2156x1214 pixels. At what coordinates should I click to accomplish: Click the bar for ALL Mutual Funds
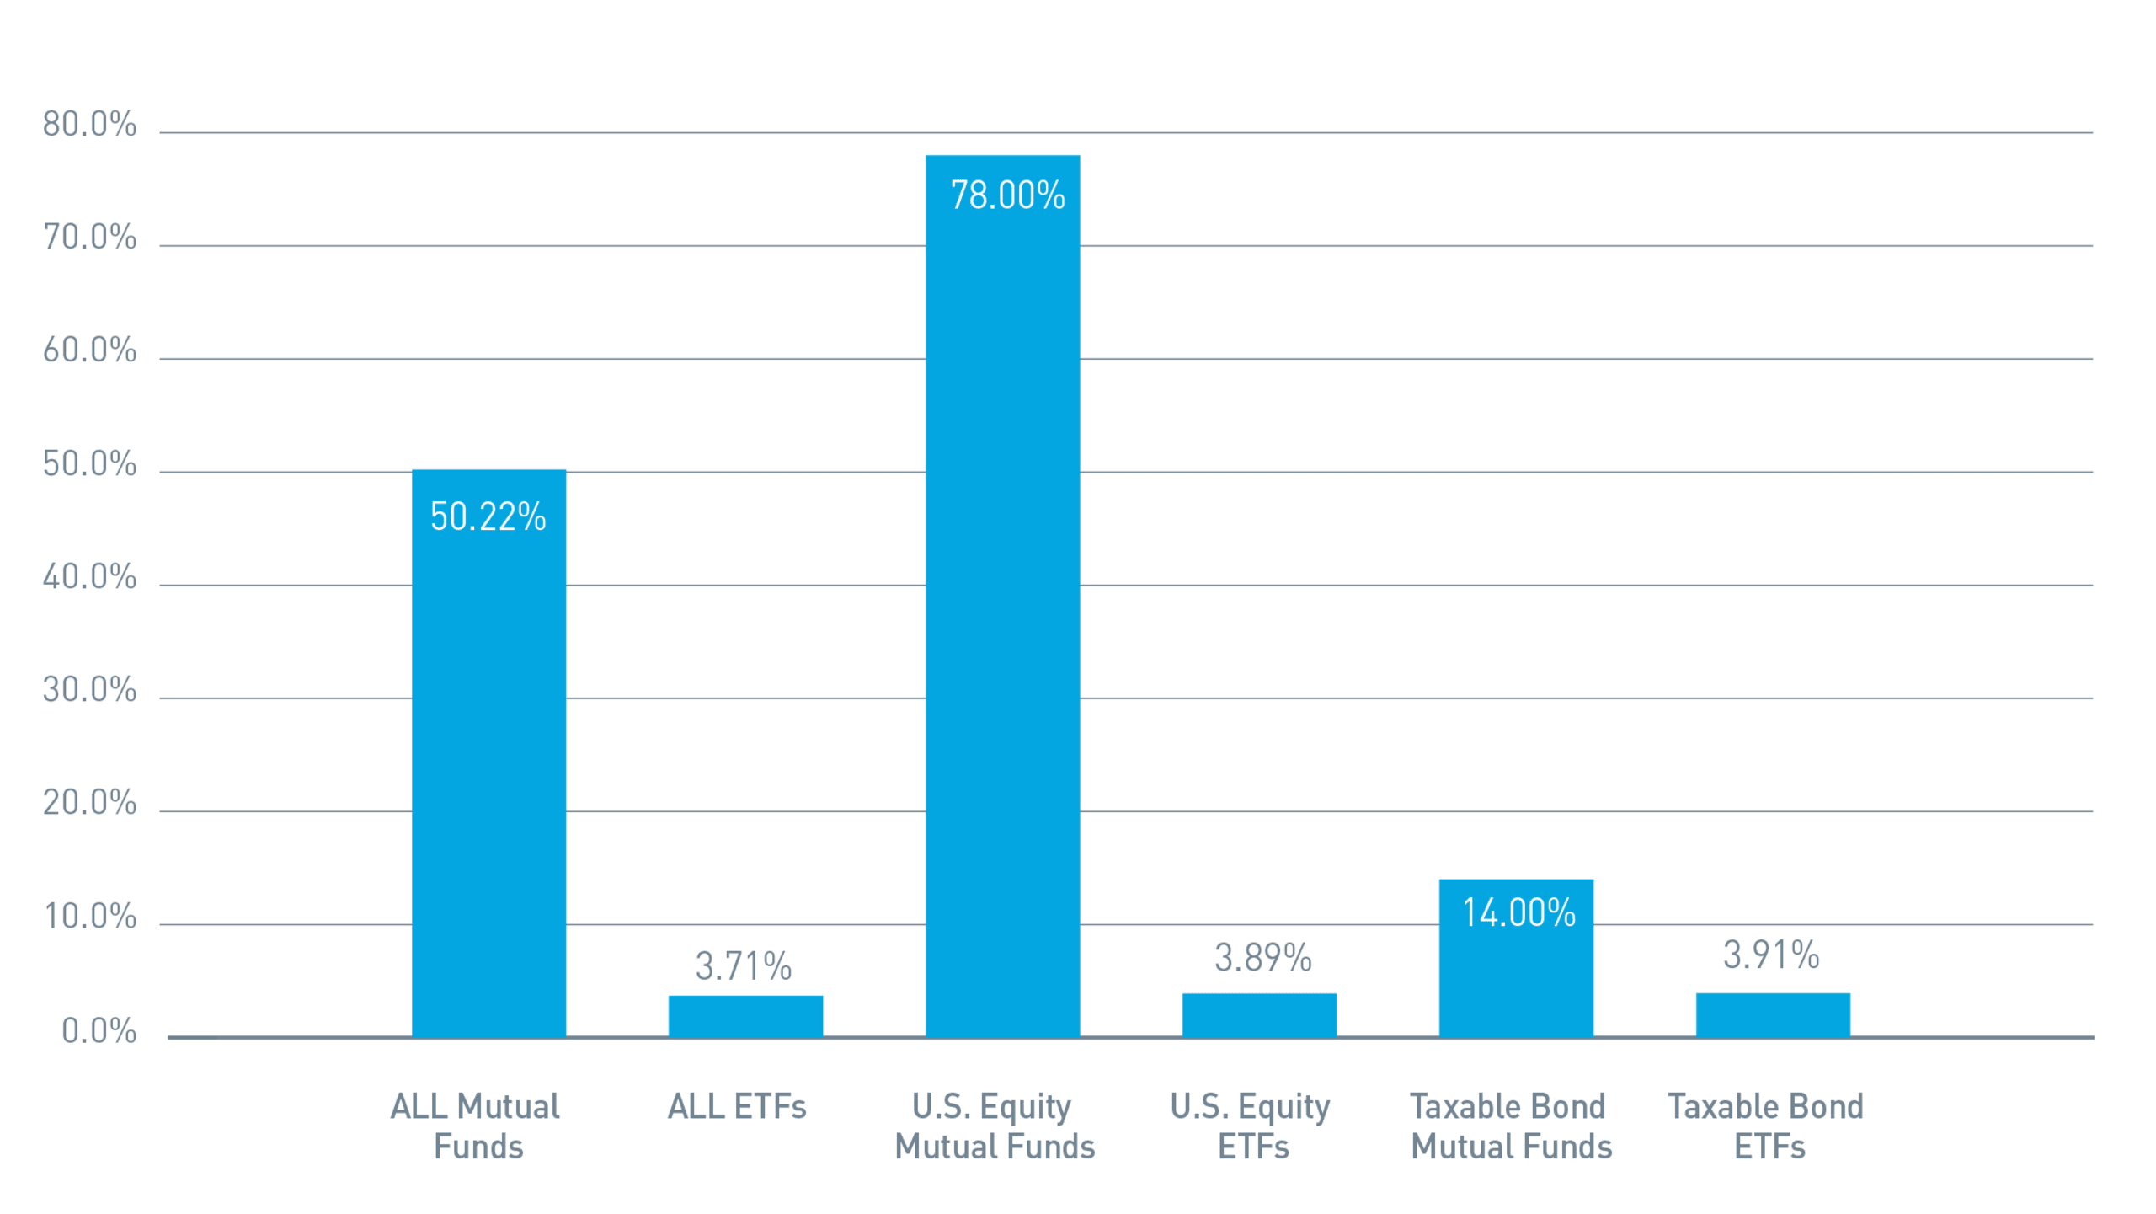pos(488,758)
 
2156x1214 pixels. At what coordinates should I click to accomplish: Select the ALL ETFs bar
pos(745,1016)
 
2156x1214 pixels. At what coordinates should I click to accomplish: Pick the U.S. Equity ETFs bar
pos(1259,1015)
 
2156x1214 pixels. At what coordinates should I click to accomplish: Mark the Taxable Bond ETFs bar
pos(1773,1015)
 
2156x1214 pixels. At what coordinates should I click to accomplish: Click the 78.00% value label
pos(1007,195)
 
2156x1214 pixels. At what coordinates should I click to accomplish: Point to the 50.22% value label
pos(488,516)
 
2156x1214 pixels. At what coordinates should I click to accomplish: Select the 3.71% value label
pos(744,966)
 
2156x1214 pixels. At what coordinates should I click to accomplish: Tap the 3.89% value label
pos(1262,958)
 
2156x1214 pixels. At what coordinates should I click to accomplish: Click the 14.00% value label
pos(1518,912)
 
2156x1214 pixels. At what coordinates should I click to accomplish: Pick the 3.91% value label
pos(1771,955)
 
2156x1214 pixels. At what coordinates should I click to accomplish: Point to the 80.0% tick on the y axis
pos(90,125)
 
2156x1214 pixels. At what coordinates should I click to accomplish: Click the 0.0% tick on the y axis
pos(99,1031)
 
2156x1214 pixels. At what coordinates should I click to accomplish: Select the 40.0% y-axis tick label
pos(90,577)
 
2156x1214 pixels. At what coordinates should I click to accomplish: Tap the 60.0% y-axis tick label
pos(90,350)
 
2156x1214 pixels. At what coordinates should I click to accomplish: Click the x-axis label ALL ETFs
pos(737,1106)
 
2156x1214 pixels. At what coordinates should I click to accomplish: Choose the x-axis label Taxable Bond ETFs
pos(1767,1126)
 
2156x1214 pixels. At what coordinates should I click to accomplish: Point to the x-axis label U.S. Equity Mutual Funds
pos(995,1126)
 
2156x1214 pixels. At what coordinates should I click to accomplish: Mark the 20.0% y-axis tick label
pos(90,803)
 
